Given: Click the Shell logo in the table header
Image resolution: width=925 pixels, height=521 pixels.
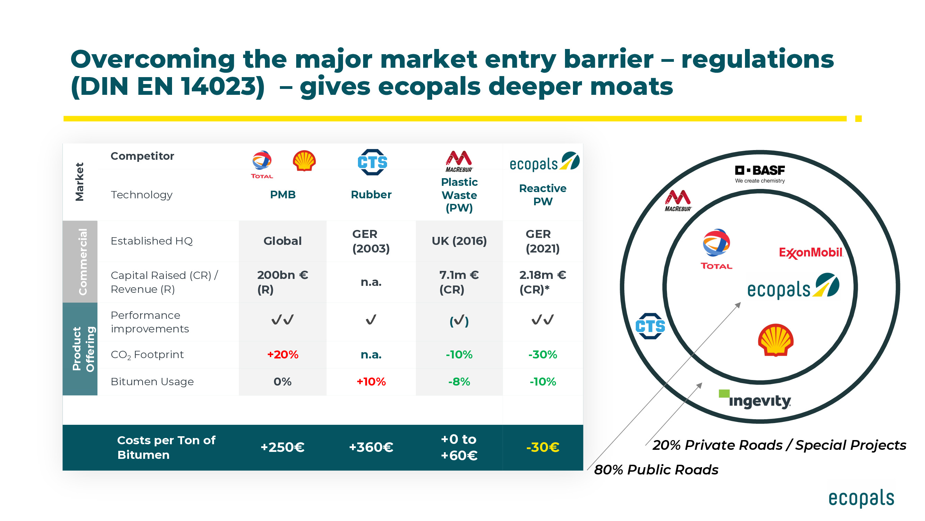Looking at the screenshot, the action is tap(304, 161).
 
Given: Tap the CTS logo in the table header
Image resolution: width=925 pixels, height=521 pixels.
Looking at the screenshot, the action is tap(372, 163).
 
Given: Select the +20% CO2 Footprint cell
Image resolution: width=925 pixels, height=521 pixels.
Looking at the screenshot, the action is tap(283, 355).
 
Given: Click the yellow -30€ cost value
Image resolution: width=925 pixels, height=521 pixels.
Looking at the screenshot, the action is tap(542, 447).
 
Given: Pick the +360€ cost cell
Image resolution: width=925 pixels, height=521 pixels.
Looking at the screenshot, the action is tap(371, 447).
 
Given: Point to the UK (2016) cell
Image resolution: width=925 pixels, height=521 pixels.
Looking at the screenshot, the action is tap(459, 241).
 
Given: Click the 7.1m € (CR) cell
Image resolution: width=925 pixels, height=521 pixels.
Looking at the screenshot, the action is tap(459, 282).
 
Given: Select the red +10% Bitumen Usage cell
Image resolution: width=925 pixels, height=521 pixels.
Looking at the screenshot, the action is tap(371, 381).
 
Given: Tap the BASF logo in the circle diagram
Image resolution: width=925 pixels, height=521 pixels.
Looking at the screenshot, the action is tap(760, 174).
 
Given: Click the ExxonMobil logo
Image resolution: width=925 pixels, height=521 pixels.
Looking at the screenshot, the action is tap(811, 253).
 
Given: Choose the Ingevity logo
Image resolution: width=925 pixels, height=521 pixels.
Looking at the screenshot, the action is tap(755, 400).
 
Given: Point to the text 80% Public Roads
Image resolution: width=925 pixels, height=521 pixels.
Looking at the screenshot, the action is tap(656, 470).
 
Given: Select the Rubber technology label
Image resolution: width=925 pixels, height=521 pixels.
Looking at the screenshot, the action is tap(371, 195).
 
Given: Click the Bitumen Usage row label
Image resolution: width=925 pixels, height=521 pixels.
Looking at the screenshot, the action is tap(152, 381).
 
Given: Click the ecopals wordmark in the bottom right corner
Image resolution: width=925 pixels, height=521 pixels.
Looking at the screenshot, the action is tap(861, 498).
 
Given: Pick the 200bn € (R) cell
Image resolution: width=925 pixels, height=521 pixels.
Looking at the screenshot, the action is tap(283, 282).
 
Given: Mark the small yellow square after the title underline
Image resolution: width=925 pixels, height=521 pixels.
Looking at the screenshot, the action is tap(858, 119).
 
